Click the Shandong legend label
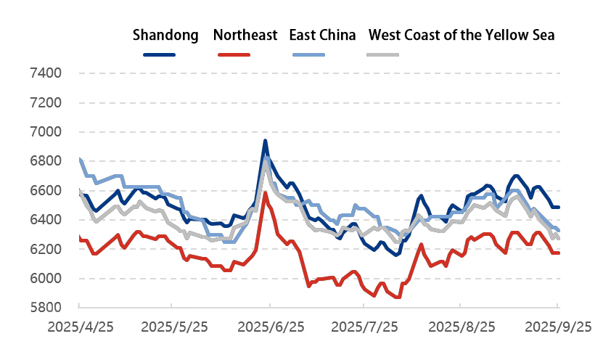pos(165,35)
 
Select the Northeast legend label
pos(245,35)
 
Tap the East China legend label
pos(322,35)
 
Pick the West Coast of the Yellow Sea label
pos(462,35)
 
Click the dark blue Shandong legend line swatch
pos(160,54)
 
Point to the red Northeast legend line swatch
pos(234,54)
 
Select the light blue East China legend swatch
pos(308,54)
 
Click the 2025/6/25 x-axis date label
pos(271,327)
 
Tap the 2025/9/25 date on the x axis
pos(558,327)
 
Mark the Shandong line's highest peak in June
pos(265,141)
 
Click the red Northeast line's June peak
pos(265,194)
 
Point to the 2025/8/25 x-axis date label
pos(462,327)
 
